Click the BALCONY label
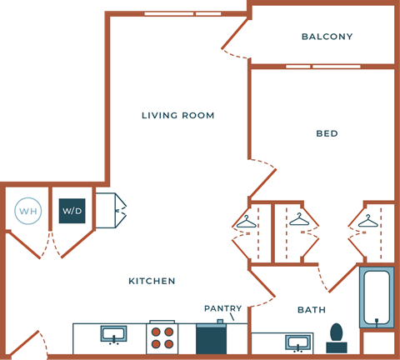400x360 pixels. click(x=327, y=37)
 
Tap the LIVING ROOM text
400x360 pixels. click(x=178, y=115)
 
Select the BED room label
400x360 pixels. click(x=327, y=133)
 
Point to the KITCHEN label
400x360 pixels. click(x=152, y=281)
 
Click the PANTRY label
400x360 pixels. click(x=222, y=308)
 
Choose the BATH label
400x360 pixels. click(x=312, y=310)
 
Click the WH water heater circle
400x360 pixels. click(x=28, y=212)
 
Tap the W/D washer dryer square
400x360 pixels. click(x=72, y=212)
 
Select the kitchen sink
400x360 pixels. click(x=113, y=335)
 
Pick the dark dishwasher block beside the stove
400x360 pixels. click(x=211, y=338)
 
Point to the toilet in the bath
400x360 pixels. click(x=337, y=335)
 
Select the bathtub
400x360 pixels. click(x=376, y=297)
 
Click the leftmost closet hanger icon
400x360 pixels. click(x=247, y=221)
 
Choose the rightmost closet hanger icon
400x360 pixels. click(x=367, y=221)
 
